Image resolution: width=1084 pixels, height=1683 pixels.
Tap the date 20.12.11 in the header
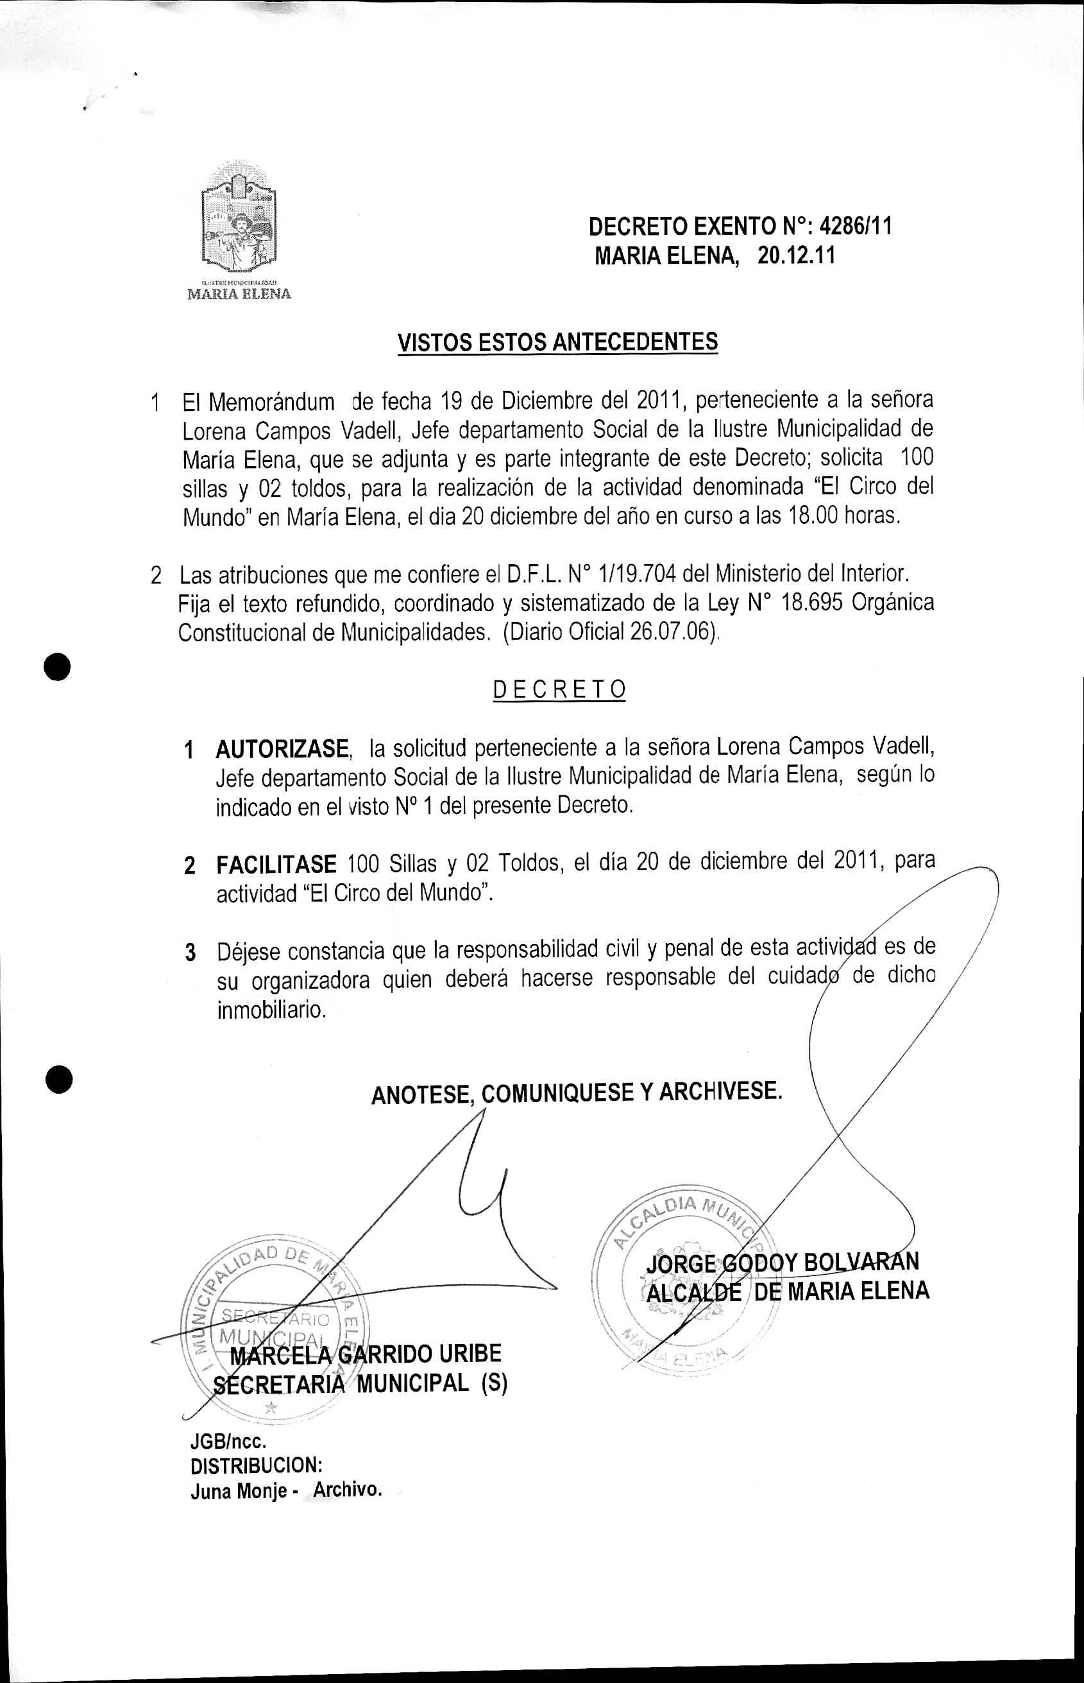(x=796, y=255)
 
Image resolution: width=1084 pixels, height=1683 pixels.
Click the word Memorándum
(x=272, y=402)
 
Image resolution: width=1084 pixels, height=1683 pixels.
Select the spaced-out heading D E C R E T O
(x=559, y=689)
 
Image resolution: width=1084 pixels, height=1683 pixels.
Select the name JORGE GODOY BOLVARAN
(x=781, y=1261)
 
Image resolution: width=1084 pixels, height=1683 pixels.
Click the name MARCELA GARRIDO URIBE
(x=368, y=1354)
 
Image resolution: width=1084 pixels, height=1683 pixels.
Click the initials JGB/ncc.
(x=228, y=1441)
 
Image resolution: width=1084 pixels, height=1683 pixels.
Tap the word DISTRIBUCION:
(x=256, y=1465)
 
